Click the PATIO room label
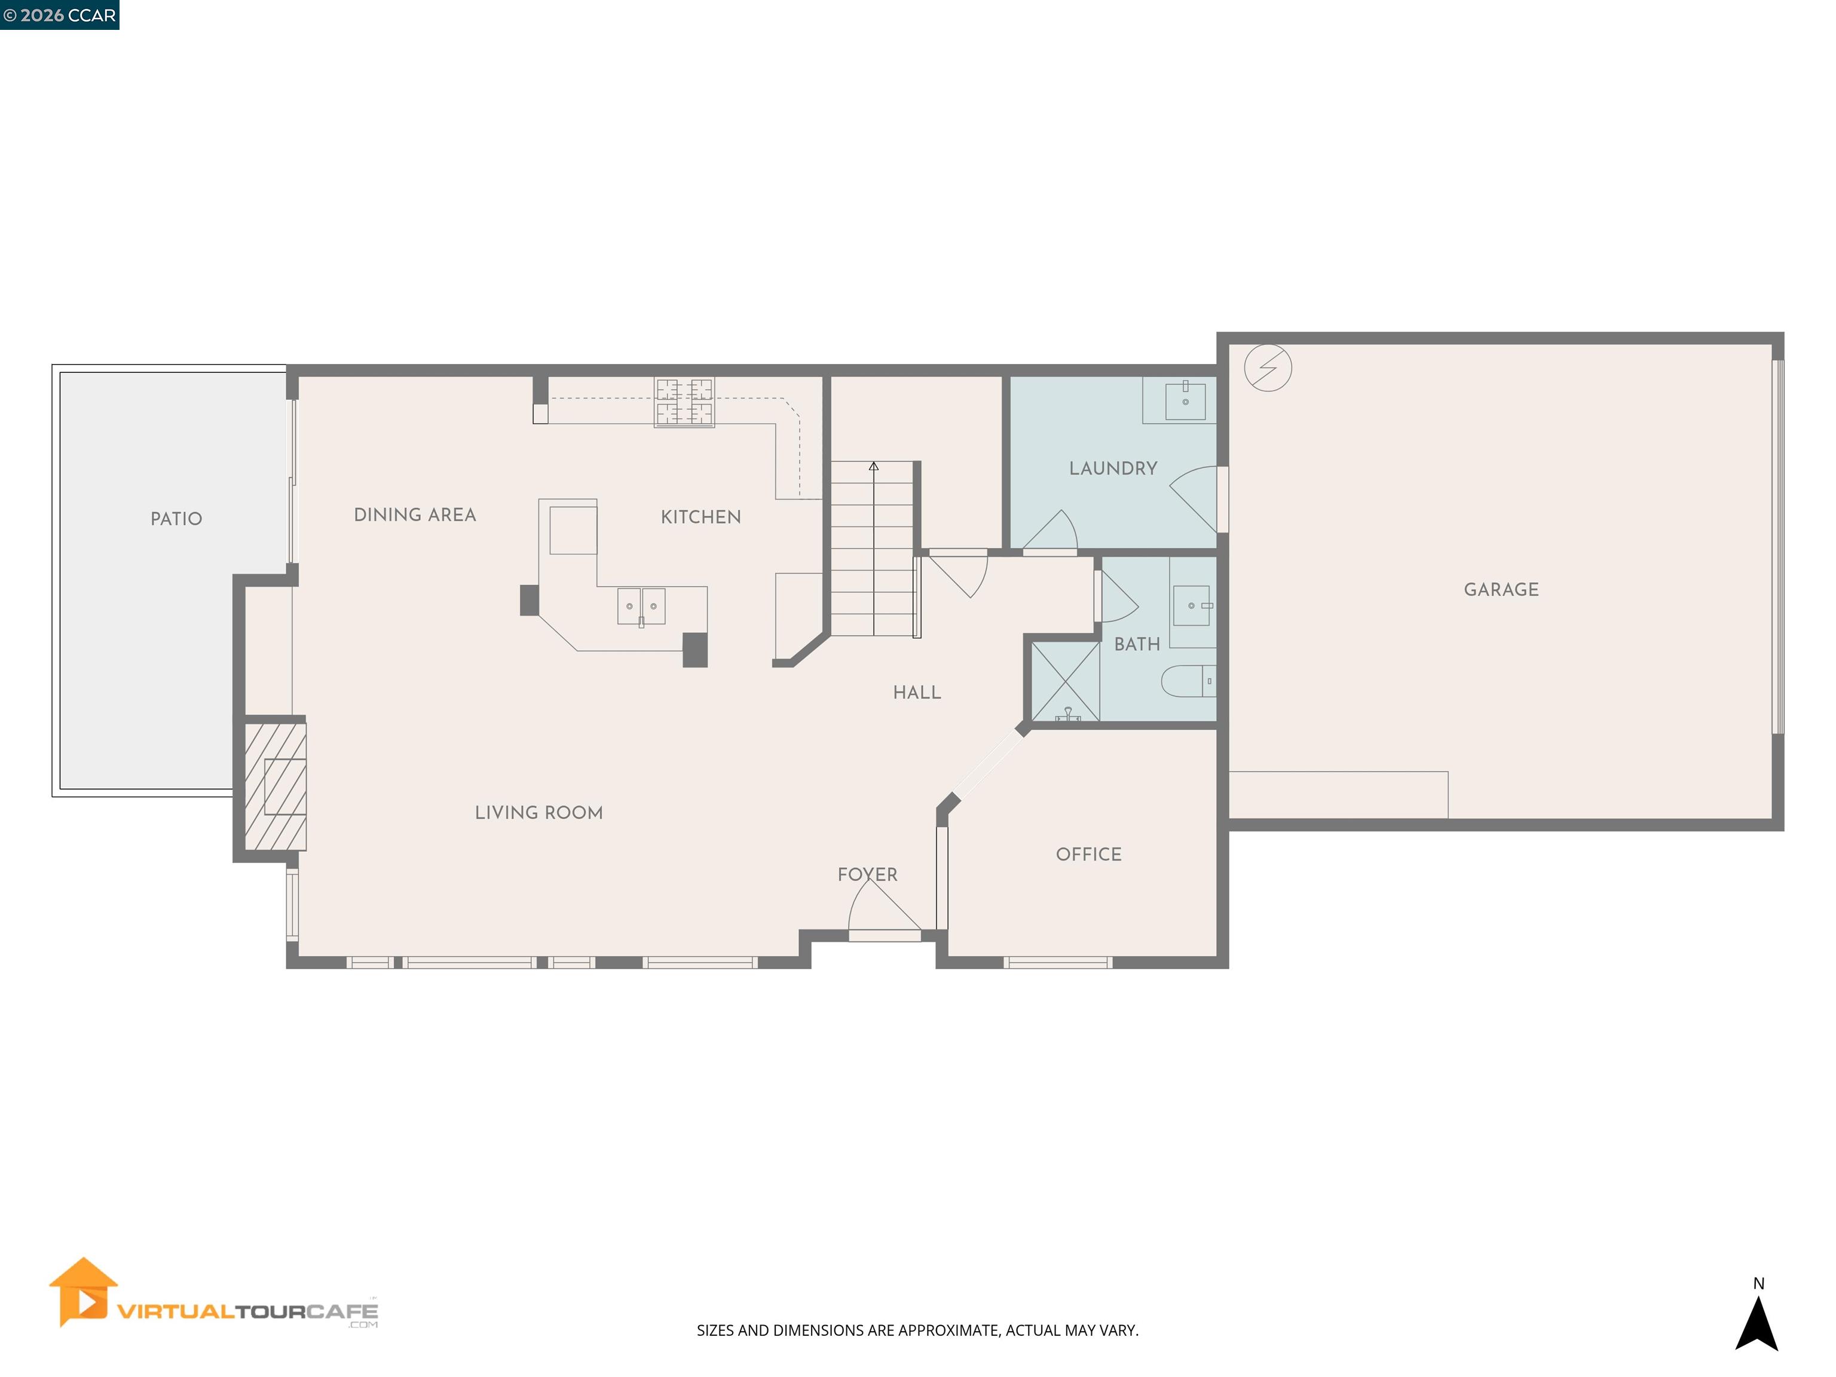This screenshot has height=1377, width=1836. coord(176,519)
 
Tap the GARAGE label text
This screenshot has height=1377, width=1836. coord(1501,589)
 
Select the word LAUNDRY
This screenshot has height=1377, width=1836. coord(1112,468)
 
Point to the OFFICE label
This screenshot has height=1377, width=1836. coord(1088,854)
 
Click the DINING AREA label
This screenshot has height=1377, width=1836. coord(415,515)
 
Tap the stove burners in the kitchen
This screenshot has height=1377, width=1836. coord(684,402)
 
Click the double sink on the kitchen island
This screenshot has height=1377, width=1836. coord(641,606)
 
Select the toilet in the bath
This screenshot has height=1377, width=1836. coord(1187,681)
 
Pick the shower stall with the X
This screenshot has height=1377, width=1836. coord(1065,681)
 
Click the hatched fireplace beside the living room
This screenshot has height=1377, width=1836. coord(276,786)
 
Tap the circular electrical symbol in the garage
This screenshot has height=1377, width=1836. coord(1268,367)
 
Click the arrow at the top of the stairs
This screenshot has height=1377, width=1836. coord(873,467)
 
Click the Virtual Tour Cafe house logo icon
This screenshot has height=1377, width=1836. coord(83,1291)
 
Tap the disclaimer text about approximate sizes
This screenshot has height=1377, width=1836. coord(917,1330)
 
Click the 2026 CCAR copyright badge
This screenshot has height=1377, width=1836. coord(59,15)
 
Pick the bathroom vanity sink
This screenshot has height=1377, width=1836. coord(1191,605)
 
